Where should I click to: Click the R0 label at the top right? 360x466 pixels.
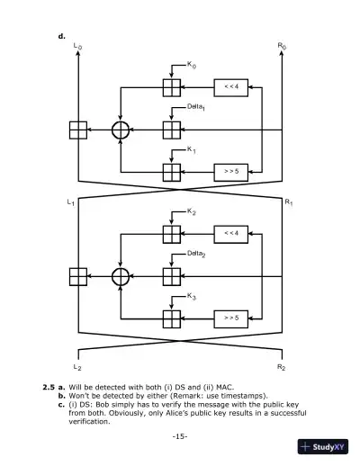tap(283, 45)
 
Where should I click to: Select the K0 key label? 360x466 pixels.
tap(192, 65)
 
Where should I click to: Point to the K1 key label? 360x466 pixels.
tap(192, 149)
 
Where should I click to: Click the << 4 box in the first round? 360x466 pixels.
tap(230, 87)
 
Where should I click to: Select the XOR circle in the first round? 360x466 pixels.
tap(121, 130)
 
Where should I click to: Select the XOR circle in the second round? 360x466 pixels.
tap(121, 276)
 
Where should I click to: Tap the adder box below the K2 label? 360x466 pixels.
tap(171, 234)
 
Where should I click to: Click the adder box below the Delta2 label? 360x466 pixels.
tap(171, 276)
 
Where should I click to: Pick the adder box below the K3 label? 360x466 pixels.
tap(171, 318)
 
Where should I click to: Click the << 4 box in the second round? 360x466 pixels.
tap(230, 234)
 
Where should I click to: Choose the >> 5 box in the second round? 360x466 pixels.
tap(230, 318)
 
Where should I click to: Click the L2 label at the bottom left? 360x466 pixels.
tap(76, 369)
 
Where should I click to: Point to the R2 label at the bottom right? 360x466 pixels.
tap(283, 369)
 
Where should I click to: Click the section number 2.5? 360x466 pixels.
tap(49, 387)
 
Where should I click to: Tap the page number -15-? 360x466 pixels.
tap(179, 436)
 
